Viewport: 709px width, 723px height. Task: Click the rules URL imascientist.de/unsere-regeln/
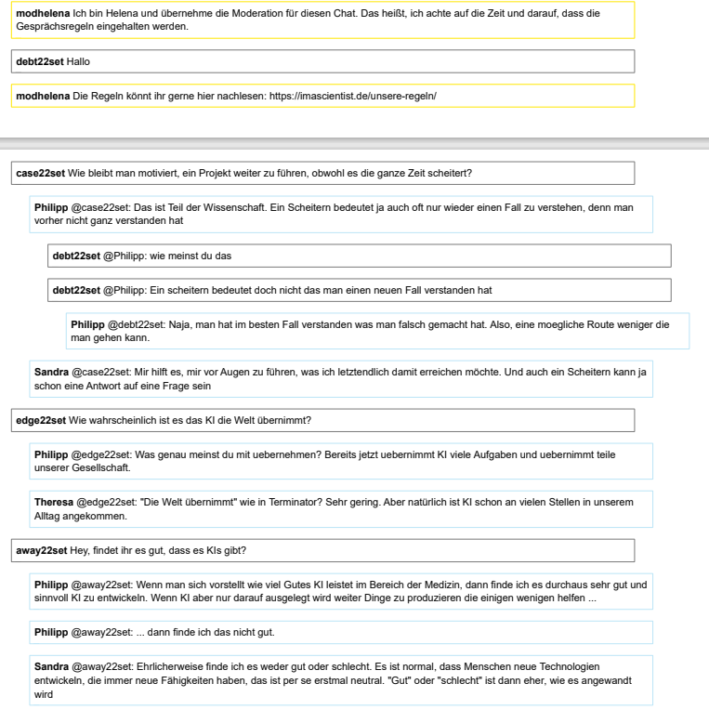352,97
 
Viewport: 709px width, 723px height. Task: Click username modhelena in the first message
42,15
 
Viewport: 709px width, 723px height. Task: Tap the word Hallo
78,62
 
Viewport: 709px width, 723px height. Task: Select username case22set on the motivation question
41,174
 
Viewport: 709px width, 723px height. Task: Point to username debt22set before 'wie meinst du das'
76,256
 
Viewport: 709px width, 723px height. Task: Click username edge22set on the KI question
41,421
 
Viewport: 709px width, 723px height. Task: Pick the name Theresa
54,503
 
